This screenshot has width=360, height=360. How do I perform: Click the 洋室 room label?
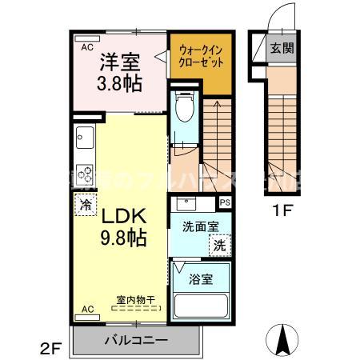[120, 62]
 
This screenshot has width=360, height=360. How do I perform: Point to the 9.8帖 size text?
[122, 238]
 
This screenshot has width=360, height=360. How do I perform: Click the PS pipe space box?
[226, 202]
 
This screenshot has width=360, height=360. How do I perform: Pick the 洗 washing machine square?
[219, 246]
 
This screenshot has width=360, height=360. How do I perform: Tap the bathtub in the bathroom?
[200, 306]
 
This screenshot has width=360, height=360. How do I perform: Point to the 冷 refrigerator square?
[86, 204]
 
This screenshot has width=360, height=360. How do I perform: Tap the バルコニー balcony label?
[135, 340]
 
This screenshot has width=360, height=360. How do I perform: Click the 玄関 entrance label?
[281, 48]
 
